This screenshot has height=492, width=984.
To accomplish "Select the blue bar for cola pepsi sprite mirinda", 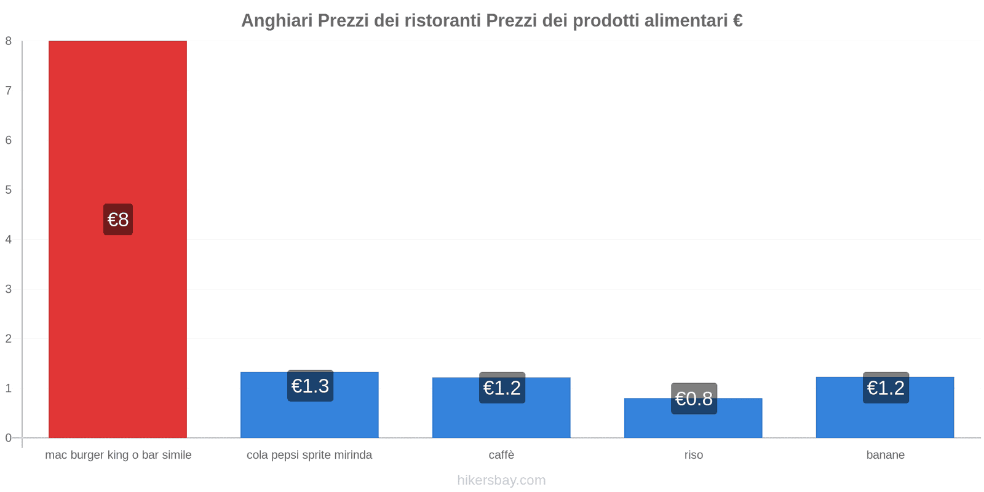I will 309,418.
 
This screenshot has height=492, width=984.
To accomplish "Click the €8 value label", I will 118,220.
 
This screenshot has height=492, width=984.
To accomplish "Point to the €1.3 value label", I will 310,386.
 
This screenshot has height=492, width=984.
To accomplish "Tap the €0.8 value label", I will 694,399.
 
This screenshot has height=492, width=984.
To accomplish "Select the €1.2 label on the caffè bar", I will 502,388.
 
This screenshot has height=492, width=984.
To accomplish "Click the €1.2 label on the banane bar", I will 886,388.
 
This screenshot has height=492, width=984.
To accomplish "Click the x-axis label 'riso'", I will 694,455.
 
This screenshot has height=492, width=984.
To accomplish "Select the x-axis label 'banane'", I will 886,455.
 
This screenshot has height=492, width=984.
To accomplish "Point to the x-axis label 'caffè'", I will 501,455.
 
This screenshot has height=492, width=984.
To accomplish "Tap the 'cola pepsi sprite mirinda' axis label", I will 309,455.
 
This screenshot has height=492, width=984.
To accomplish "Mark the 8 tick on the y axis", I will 9,41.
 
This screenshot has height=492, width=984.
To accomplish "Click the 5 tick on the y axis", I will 9,190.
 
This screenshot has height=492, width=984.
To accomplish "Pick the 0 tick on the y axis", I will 9,438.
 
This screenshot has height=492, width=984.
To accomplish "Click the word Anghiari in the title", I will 277,21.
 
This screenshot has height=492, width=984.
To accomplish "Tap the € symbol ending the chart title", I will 737,21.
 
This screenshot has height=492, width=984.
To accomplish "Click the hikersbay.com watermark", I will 501,480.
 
